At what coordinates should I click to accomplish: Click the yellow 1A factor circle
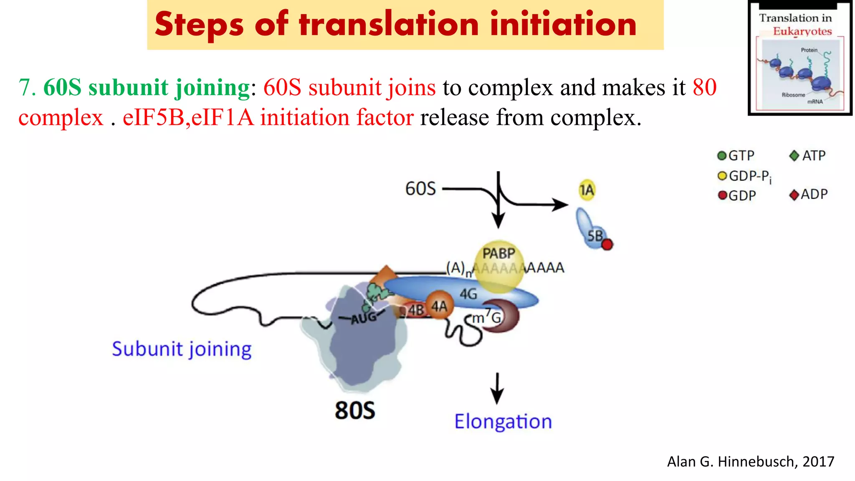(x=587, y=190)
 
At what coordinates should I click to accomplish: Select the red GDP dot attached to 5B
(x=607, y=244)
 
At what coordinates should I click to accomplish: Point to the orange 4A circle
(x=439, y=306)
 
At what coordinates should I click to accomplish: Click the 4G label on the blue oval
(x=468, y=294)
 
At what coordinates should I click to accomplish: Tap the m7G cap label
(x=486, y=318)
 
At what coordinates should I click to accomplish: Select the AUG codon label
(x=364, y=318)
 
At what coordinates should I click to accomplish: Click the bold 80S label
(x=355, y=410)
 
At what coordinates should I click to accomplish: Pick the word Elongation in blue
(x=503, y=422)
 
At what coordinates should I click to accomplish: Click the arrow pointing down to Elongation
(x=497, y=388)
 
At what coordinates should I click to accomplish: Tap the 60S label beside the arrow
(x=420, y=189)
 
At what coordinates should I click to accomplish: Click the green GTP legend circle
(x=722, y=156)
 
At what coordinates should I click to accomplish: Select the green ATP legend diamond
(x=794, y=156)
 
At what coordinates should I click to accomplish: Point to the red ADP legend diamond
(x=794, y=195)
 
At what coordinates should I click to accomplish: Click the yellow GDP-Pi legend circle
(x=722, y=176)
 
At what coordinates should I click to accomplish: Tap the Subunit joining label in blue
(x=182, y=349)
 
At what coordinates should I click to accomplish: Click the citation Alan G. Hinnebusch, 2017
(x=750, y=462)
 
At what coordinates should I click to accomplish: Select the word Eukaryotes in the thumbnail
(x=802, y=31)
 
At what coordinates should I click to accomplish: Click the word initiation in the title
(x=563, y=24)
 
